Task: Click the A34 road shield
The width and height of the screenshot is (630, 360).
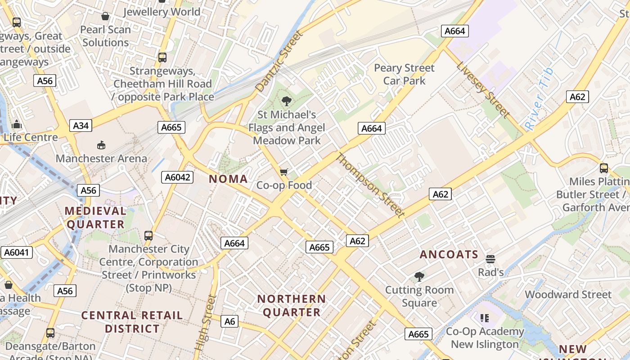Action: point(81,126)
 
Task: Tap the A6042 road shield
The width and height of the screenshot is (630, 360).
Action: point(177,177)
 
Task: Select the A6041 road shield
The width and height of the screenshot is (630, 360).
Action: point(17,252)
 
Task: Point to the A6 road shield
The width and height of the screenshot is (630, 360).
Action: point(229,321)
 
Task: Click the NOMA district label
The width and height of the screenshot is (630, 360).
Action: point(228,179)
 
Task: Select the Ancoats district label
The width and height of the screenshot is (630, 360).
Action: point(449,255)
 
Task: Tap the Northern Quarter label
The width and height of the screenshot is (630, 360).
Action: point(291,306)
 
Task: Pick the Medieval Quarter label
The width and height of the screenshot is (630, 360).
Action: point(95,217)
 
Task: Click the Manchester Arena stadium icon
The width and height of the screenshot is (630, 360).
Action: point(101,145)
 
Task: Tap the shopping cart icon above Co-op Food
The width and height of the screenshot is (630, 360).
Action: point(283,172)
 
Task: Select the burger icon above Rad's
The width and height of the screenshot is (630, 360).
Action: point(490,259)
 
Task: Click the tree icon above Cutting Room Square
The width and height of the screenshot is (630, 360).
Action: point(419,276)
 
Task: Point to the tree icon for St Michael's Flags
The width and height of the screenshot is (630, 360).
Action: point(286,101)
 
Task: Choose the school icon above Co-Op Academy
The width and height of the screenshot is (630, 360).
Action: point(485,318)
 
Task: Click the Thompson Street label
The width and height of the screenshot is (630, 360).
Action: point(370,185)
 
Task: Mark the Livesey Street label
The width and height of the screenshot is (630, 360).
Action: point(483,90)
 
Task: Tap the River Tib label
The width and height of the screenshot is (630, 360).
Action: point(539,99)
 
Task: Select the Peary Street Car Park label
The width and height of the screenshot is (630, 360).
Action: point(404,74)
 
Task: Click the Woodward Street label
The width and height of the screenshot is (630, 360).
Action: point(568,295)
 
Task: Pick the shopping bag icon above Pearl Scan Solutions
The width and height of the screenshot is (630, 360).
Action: point(105,17)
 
